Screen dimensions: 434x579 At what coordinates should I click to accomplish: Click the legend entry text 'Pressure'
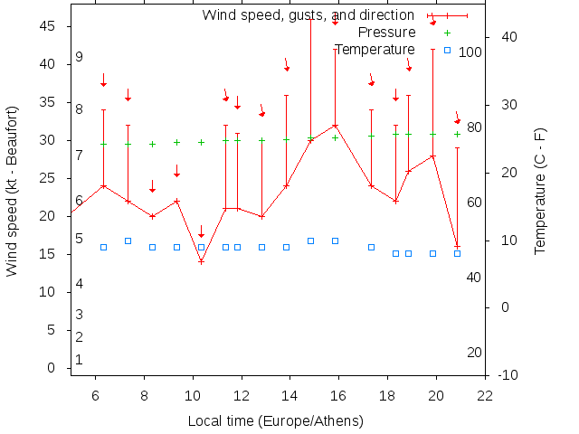click(x=386, y=33)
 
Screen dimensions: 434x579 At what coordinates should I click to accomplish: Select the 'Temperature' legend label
click(x=375, y=49)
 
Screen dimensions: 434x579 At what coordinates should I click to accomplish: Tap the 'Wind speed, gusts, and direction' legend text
click(x=308, y=15)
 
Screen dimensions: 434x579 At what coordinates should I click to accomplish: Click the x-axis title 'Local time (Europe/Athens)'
click(x=275, y=421)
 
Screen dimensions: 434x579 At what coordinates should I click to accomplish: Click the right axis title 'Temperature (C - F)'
click(x=540, y=189)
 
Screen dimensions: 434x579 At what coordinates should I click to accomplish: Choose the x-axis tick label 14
click(x=289, y=395)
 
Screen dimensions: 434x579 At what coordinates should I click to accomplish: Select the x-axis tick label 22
click(x=485, y=395)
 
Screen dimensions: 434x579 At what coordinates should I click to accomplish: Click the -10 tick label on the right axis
click(x=508, y=374)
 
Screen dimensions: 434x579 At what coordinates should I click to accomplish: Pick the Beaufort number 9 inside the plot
click(x=80, y=57)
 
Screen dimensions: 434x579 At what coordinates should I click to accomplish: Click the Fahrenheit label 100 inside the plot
click(x=470, y=52)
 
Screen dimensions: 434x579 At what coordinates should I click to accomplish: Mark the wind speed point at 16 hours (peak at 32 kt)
click(x=336, y=126)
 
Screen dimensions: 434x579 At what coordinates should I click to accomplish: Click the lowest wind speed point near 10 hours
click(x=201, y=261)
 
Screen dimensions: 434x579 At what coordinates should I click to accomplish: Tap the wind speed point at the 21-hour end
click(x=457, y=246)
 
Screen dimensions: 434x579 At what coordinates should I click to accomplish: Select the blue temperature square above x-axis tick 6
click(x=103, y=247)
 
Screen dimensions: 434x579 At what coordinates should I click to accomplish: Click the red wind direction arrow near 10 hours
click(x=201, y=232)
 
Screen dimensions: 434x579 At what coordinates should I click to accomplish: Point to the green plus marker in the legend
click(x=447, y=33)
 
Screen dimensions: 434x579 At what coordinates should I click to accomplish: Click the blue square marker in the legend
click(x=447, y=49)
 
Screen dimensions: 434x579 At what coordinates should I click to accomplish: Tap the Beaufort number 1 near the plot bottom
click(x=80, y=359)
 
